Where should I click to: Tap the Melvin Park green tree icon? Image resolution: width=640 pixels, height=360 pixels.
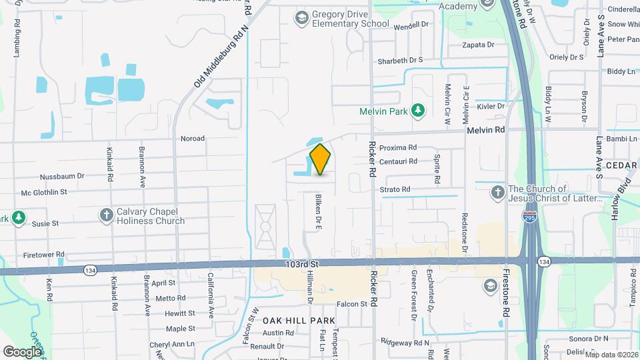[418, 110]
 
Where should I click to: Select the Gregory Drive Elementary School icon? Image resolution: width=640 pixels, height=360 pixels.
[302, 18]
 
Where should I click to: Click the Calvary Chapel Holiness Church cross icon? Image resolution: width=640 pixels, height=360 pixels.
[106, 215]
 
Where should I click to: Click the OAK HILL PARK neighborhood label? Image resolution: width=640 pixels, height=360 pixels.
[298, 321]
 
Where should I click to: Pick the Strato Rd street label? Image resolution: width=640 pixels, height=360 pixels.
[395, 189]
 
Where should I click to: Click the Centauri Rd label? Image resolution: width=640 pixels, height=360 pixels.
[398, 161]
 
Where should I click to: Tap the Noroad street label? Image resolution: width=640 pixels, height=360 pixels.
[193, 139]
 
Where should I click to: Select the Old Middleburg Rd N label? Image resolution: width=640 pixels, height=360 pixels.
[221, 58]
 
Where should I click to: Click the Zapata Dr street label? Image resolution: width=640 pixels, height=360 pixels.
[479, 45]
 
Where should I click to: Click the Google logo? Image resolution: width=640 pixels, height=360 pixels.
[23, 351]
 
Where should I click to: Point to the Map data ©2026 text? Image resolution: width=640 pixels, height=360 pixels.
[611, 355]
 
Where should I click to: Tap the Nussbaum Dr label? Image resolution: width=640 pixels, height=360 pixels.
[62, 177]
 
